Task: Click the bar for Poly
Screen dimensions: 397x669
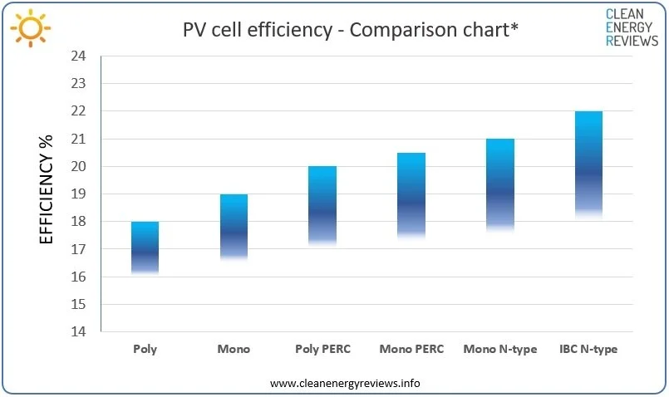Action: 145,248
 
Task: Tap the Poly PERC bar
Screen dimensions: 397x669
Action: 322,205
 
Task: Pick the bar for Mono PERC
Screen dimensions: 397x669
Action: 411,196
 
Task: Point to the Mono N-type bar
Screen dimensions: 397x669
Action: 500,184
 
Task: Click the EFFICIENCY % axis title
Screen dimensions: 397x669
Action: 47,189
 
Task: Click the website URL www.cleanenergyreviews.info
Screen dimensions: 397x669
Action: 345,383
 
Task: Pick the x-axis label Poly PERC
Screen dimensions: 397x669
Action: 322,350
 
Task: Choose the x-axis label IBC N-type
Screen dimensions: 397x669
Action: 589,350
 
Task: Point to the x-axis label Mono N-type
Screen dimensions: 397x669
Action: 500,350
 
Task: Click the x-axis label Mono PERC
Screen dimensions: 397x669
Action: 411,350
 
